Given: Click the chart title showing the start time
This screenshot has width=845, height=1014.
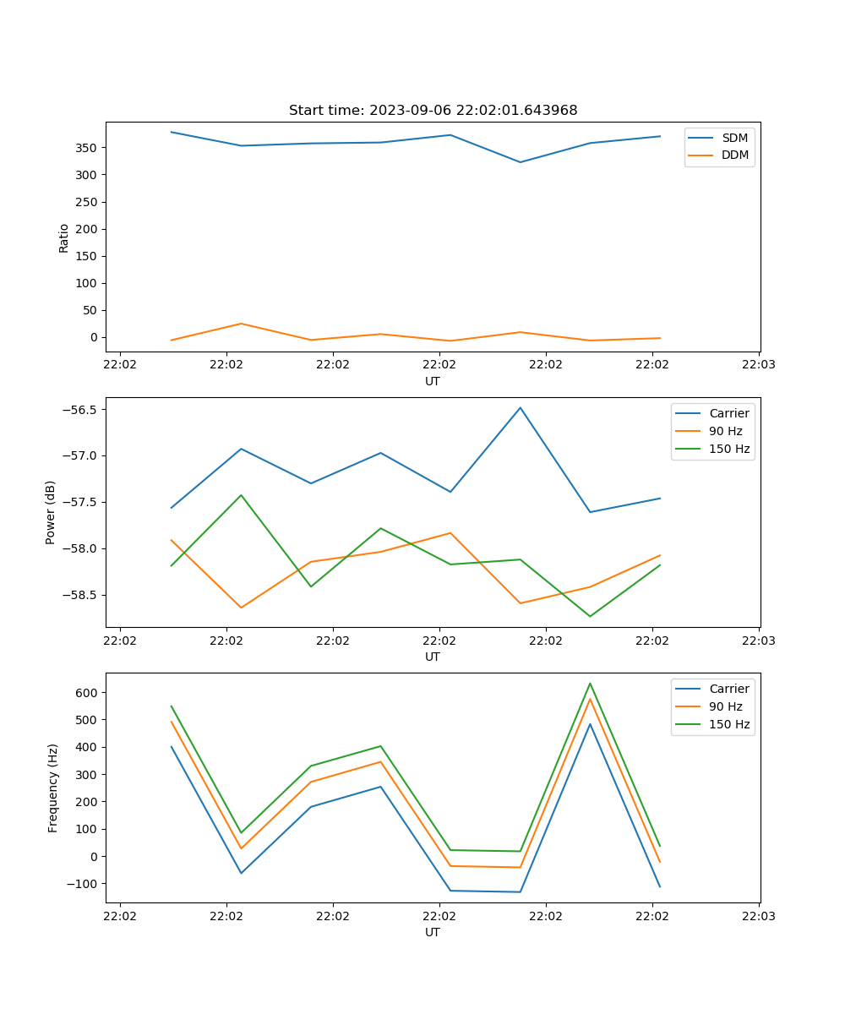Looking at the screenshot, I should pos(433,111).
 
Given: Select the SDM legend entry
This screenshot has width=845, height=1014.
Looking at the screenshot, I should pos(734,138).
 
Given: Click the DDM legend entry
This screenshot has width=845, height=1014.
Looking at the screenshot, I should pos(734,155).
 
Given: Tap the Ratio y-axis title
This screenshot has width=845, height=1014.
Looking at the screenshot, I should pos(64,237).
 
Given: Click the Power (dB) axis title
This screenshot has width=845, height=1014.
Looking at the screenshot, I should pos(51,512).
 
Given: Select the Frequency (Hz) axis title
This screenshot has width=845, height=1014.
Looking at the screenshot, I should pos(52,788).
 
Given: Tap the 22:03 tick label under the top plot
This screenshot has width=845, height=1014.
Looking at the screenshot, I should pos(758,366).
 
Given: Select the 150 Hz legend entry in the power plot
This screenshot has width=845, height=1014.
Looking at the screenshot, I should pos(729,449).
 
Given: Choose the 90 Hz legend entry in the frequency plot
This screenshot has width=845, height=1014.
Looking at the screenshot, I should pos(725,706).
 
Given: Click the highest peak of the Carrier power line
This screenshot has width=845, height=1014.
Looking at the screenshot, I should pos(521,407).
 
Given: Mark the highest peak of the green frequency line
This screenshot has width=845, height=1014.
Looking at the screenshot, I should pos(590,683).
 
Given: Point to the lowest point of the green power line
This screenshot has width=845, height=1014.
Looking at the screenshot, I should pos(590,616).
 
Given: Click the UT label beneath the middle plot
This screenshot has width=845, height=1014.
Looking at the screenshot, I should pos(433,657).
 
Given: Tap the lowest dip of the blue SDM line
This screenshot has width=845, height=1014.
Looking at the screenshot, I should pos(521,162).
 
